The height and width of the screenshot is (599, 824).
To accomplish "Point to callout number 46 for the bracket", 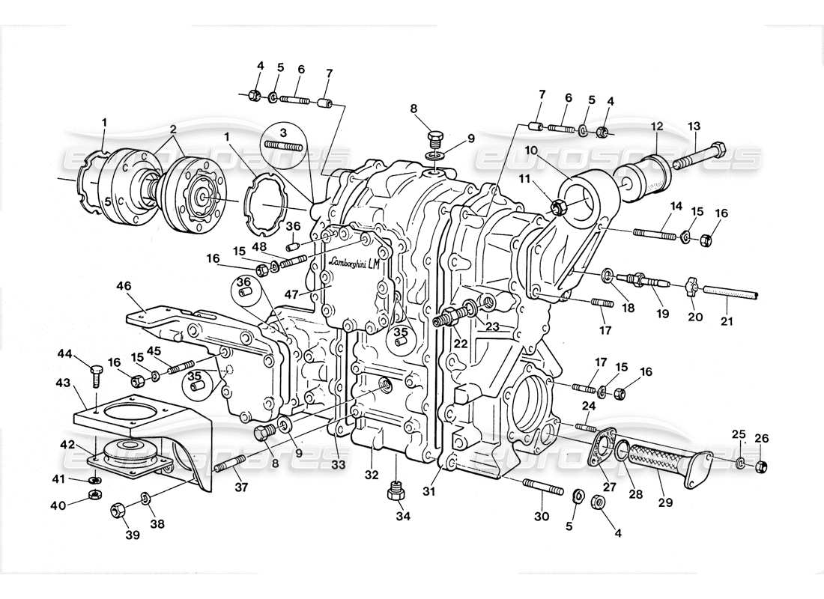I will [x=124, y=285].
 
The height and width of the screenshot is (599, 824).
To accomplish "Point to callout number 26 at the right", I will [x=761, y=435].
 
